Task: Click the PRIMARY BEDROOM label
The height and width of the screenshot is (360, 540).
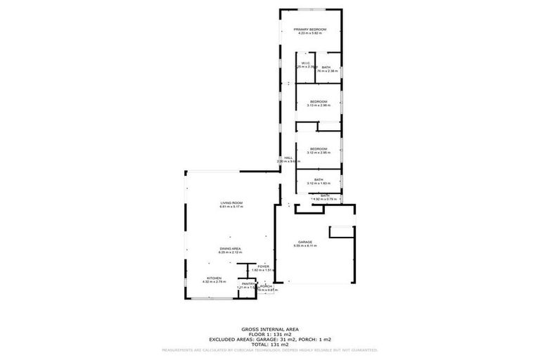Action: pyautogui.click(x=309, y=29)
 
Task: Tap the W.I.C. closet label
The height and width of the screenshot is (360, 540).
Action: pyautogui.click(x=305, y=63)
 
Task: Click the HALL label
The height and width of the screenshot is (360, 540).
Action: pyautogui.click(x=288, y=157)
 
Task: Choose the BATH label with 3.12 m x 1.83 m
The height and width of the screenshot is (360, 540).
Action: pyautogui.click(x=319, y=179)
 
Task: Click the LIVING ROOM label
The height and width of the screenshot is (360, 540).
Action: pyautogui.click(x=231, y=202)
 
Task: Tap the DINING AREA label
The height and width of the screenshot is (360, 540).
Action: pyautogui.click(x=231, y=248)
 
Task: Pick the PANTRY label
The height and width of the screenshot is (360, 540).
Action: pyautogui.click(x=246, y=283)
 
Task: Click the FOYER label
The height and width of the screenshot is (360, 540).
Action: pyautogui.click(x=263, y=266)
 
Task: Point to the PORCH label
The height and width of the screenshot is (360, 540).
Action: pyautogui.click(x=266, y=286)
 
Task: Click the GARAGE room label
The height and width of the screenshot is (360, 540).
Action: pyautogui.click(x=304, y=242)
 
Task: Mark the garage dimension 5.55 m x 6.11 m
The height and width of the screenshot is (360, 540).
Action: pyautogui.click(x=304, y=246)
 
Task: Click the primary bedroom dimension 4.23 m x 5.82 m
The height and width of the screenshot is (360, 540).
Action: pyautogui.click(x=309, y=33)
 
